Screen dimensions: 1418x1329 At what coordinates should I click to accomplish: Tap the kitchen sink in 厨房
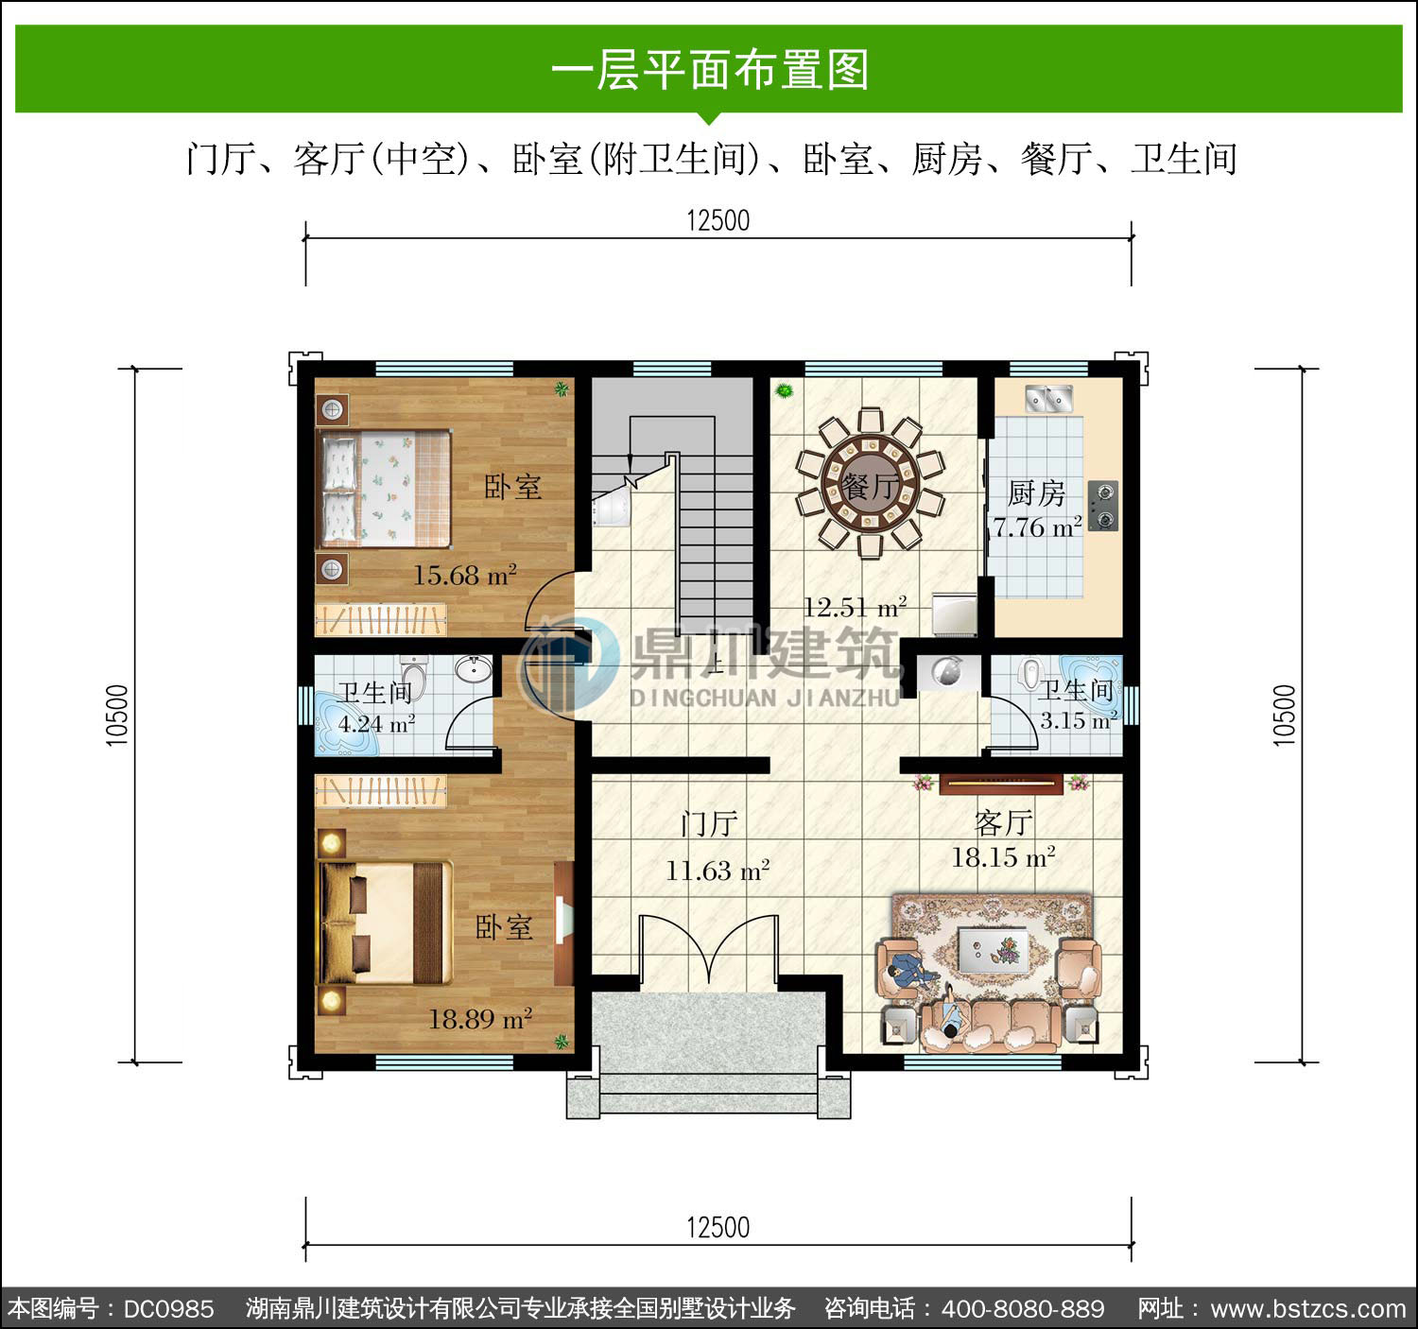[x=1048, y=399]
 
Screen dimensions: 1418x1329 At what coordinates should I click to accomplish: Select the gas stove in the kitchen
[x=1103, y=506]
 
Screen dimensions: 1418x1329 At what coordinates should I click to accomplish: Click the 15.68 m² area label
[x=465, y=575]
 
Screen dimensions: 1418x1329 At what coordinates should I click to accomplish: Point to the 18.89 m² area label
[x=480, y=1018]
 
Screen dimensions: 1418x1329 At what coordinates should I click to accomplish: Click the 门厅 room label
[x=709, y=823]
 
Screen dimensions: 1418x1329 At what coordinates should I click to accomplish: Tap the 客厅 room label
[x=1003, y=822]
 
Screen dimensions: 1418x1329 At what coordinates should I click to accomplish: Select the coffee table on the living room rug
[x=992, y=951]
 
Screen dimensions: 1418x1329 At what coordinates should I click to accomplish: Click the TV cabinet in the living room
[x=1000, y=784]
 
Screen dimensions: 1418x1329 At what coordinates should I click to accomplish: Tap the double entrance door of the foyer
[x=708, y=949]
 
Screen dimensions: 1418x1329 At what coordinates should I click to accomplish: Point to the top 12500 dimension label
[x=718, y=220]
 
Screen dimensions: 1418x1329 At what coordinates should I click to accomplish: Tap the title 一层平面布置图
[x=710, y=70]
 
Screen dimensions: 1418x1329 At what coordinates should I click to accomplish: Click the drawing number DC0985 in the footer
[x=168, y=1308]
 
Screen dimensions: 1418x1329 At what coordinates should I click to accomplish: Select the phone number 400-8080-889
[x=1023, y=1308]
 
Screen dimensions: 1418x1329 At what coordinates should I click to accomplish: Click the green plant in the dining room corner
[x=785, y=390]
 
